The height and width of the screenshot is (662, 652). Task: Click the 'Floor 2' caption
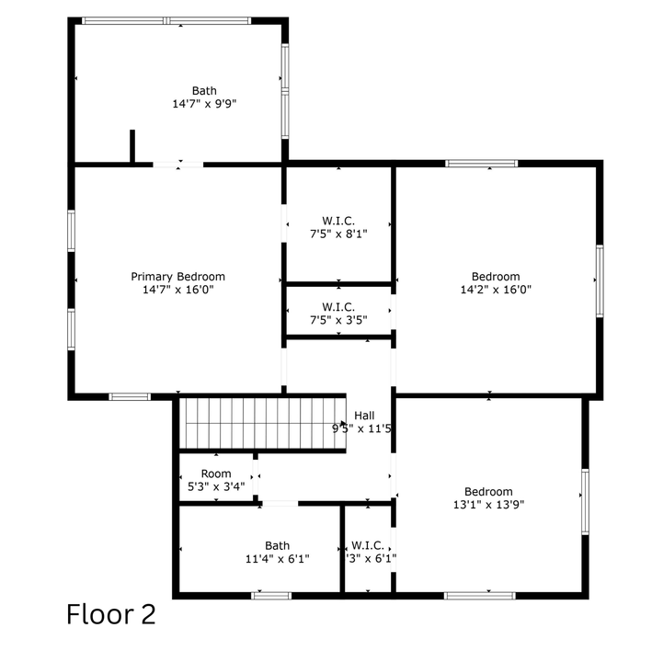(x=111, y=613)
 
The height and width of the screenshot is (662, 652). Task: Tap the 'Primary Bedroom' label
(x=177, y=277)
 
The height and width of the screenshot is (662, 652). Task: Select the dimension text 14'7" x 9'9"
(x=204, y=105)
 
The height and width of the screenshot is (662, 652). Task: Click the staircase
(x=261, y=422)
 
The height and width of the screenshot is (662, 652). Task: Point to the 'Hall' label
(x=364, y=416)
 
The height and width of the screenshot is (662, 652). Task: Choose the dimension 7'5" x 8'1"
(x=338, y=234)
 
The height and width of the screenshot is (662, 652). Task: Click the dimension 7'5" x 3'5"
(x=338, y=320)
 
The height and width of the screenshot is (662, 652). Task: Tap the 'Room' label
(x=216, y=474)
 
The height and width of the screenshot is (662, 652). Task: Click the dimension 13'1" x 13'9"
(x=488, y=504)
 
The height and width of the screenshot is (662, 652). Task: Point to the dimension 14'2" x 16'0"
(x=496, y=290)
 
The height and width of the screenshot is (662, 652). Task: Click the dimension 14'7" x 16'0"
(x=177, y=290)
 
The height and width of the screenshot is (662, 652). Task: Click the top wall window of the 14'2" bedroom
(x=482, y=164)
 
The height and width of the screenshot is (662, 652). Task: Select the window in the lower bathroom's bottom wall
(x=271, y=595)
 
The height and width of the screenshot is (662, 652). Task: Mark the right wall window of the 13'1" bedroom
(x=585, y=501)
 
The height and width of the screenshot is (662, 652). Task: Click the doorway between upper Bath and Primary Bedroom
(x=177, y=165)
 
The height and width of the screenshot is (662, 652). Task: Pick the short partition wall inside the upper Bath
(x=132, y=147)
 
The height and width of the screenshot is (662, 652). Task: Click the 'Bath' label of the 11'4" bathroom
(x=277, y=545)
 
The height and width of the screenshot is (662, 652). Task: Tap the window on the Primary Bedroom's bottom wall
(x=130, y=397)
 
